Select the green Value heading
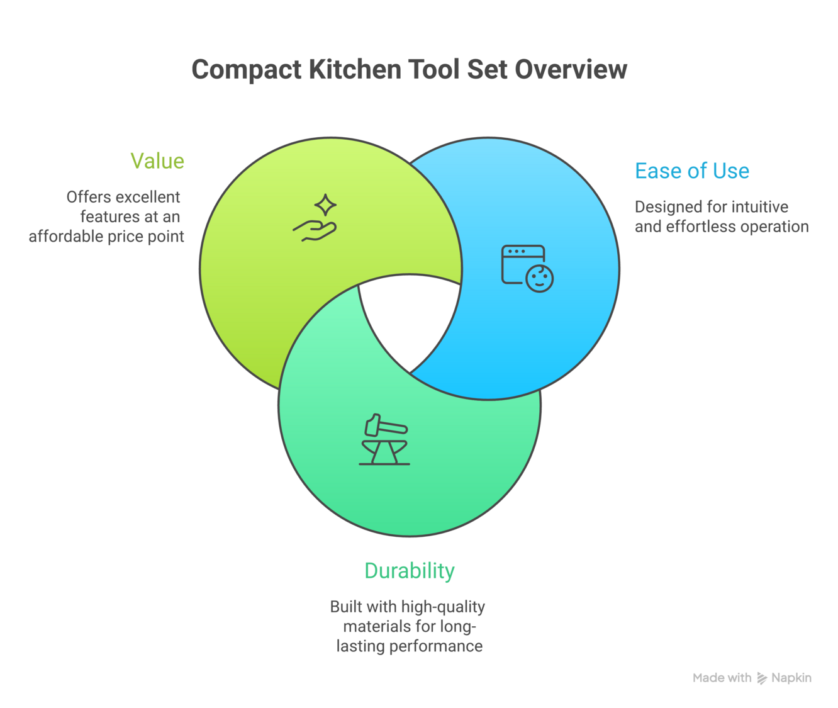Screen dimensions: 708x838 click(x=157, y=161)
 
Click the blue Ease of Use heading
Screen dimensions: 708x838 click(x=691, y=171)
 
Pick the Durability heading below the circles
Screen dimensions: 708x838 click(x=409, y=571)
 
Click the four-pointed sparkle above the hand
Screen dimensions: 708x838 click(x=325, y=205)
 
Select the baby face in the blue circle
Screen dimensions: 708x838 click(x=539, y=279)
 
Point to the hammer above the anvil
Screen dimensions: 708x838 click(x=385, y=426)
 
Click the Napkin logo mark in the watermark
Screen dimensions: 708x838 click(x=762, y=678)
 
